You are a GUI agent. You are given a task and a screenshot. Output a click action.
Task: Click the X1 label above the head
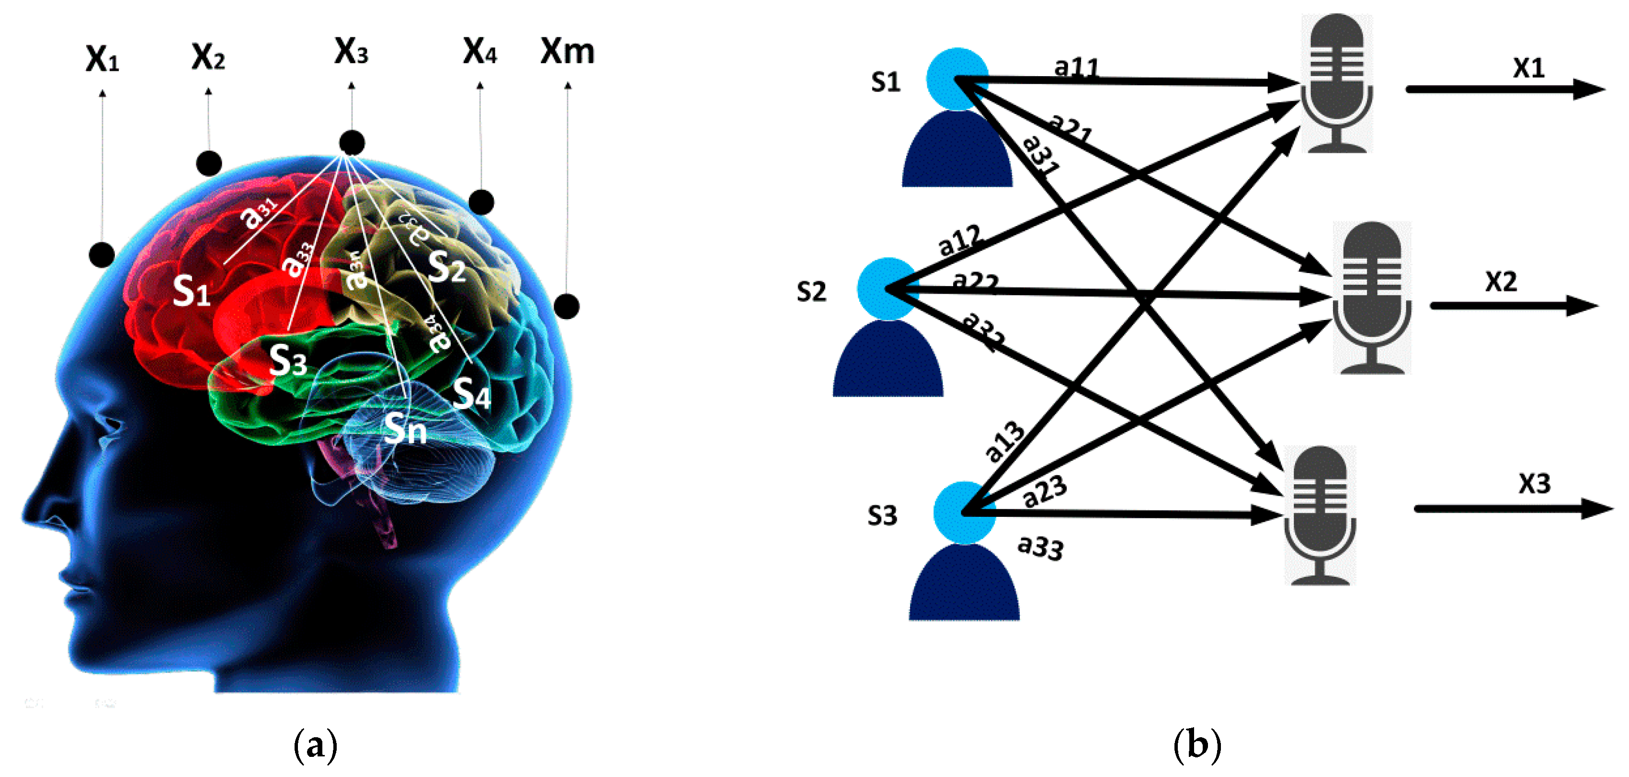point(102,59)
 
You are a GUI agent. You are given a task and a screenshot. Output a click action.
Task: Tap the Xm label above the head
point(567,52)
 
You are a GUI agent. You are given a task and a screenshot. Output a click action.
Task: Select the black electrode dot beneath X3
point(352,143)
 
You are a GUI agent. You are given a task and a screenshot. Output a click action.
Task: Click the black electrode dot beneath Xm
point(567,307)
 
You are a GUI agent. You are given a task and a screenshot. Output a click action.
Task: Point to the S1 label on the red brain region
point(191,291)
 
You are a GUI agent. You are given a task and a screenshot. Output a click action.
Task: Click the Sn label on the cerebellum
point(405,429)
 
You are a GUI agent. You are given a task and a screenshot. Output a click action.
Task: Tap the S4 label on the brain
point(472,394)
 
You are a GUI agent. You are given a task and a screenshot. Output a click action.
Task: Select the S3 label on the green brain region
point(288,360)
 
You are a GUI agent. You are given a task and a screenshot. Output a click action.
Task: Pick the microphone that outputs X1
point(1337,83)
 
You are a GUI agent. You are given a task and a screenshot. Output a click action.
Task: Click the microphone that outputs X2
point(1372,297)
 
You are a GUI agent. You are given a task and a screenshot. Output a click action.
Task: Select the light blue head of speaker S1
point(957,79)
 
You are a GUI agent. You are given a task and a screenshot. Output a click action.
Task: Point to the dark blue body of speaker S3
point(964,585)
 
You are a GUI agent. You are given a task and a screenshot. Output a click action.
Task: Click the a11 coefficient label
point(1076,67)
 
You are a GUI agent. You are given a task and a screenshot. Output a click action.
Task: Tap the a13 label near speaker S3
point(1004,441)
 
